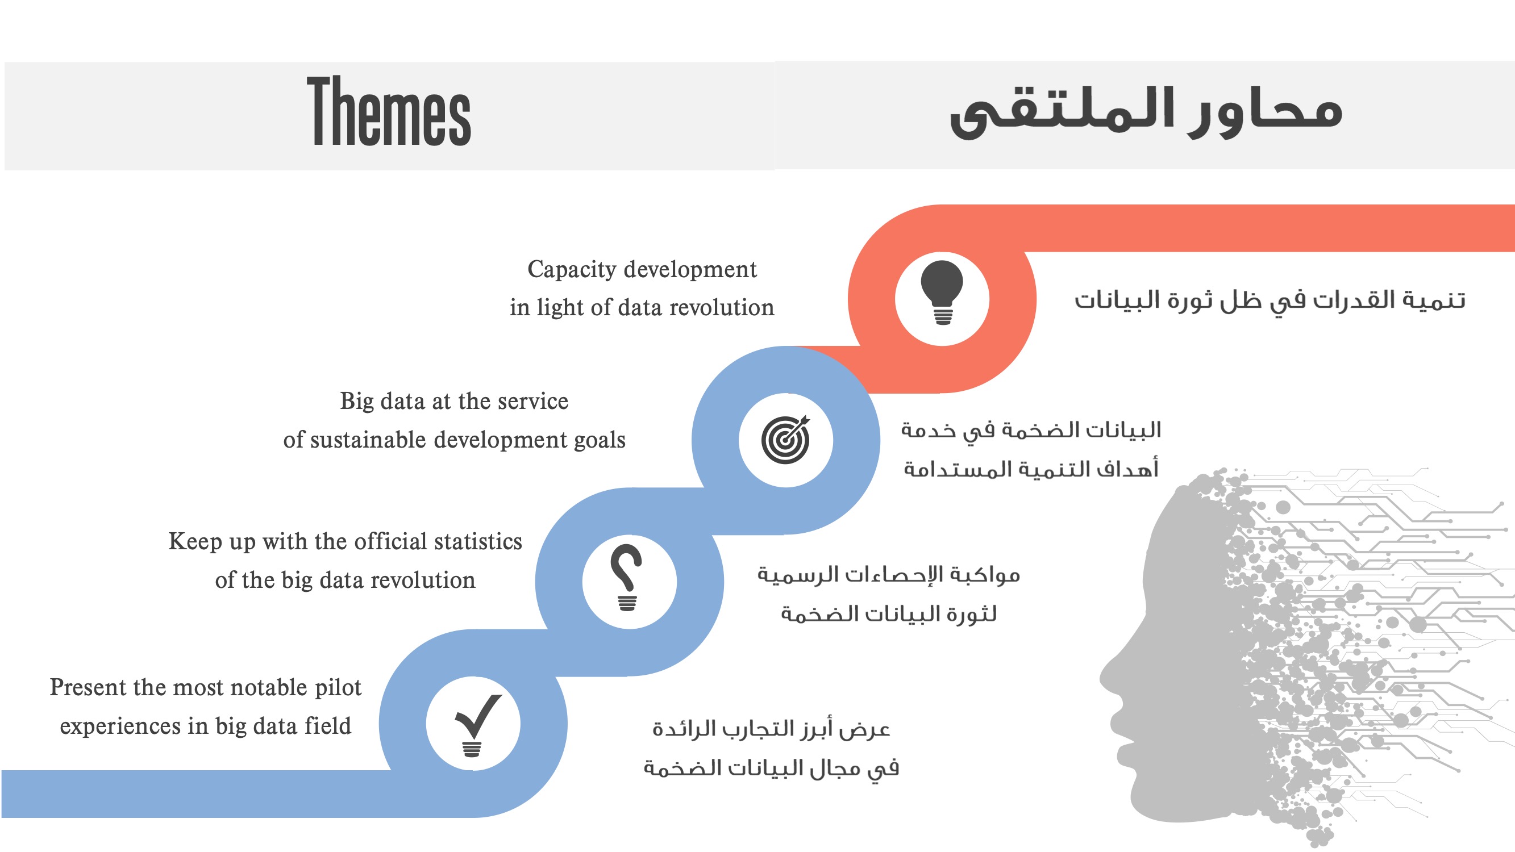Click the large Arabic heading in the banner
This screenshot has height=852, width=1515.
tap(1146, 112)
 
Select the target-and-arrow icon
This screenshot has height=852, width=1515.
tap(786, 440)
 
